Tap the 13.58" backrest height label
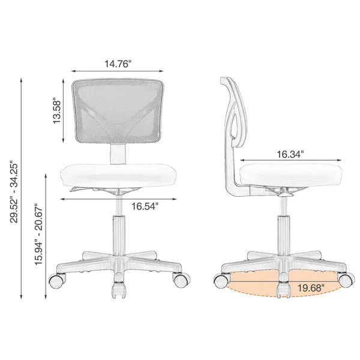click(58, 112)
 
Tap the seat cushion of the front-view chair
click(119, 176)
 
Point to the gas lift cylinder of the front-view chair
click(119, 231)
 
